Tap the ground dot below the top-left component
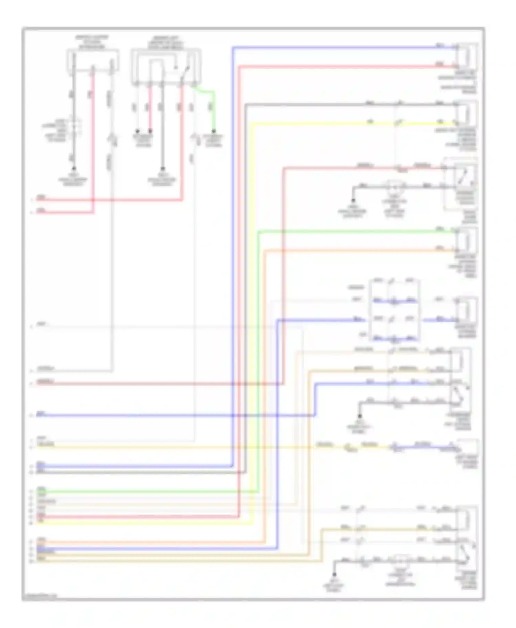coord(73,169)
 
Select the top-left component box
coord(93,61)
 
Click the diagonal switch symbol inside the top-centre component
coord(186,71)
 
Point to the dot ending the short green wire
coord(214,131)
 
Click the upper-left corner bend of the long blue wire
coord(233,47)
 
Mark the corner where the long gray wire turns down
coord(246,104)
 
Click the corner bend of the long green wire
coord(259,232)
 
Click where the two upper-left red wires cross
coord(93,199)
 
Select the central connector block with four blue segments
coord(394,310)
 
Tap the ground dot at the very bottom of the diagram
coord(334,574)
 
